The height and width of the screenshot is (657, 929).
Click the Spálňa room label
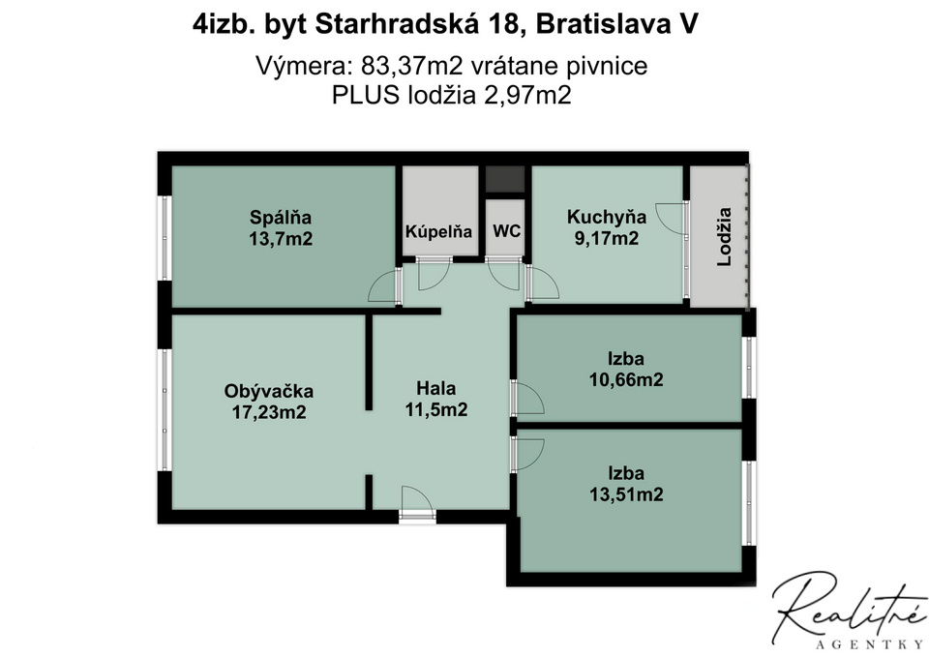pyautogui.click(x=281, y=217)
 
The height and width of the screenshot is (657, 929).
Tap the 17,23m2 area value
pyautogui.click(x=269, y=412)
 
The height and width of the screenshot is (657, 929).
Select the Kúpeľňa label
pyautogui.click(x=438, y=231)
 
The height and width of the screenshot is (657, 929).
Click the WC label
pyautogui.click(x=506, y=230)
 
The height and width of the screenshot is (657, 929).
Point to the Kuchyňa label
pyautogui.click(x=607, y=217)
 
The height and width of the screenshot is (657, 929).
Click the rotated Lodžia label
pyautogui.click(x=724, y=236)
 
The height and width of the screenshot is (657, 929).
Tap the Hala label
pyautogui.click(x=436, y=389)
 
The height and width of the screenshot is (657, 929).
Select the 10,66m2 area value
pyautogui.click(x=626, y=379)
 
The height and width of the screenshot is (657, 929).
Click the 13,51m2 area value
pyautogui.click(x=626, y=494)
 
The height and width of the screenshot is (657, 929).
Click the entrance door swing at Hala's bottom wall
pyautogui.click(x=417, y=503)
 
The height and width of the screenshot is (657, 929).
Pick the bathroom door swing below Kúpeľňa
pyautogui.click(x=434, y=274)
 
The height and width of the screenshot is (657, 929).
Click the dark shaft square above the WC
pyautogui.click(x=505, y=179)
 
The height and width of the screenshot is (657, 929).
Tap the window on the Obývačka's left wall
pyautogui.click(x=165, y=410)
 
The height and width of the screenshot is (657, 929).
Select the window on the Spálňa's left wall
pyautogui.click(x=165, y=238)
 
